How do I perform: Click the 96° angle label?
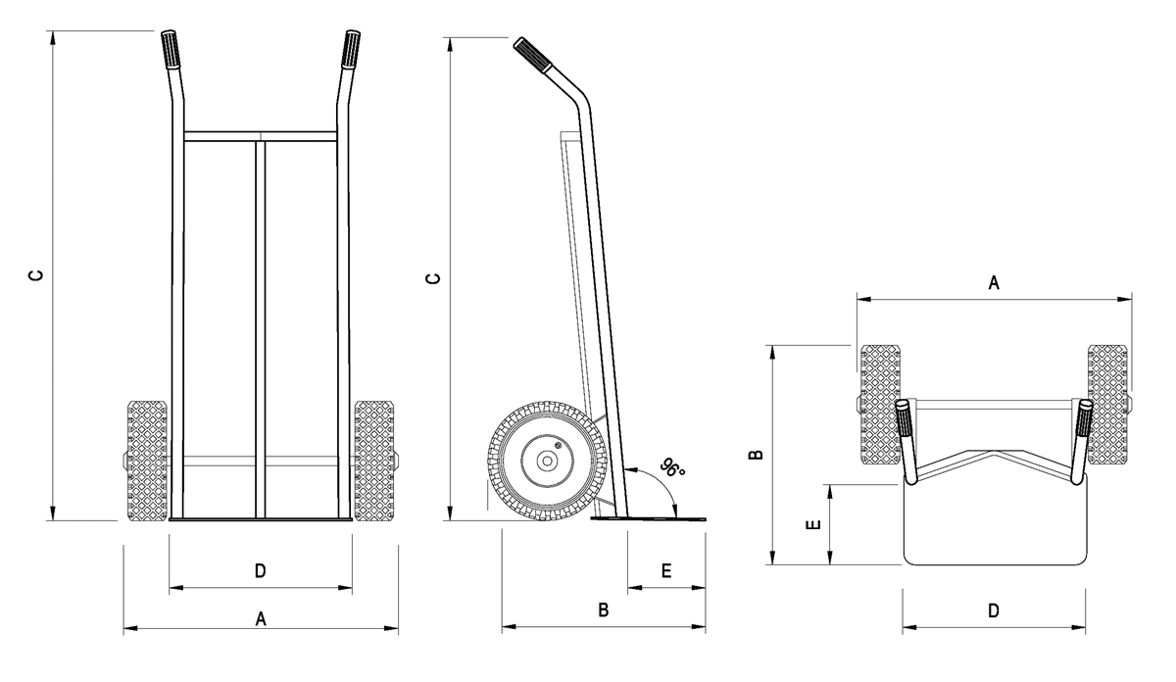click(673, 468)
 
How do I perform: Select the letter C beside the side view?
click(434, 279)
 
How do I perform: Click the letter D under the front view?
click(260, 570)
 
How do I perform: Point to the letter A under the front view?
click(260, 618)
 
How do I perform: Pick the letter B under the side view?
click(604, 610)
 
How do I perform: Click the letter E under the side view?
click(666, 570)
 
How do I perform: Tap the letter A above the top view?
click(993, 283)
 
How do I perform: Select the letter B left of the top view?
click(756, 455)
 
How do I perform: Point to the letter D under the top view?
click(993, 610)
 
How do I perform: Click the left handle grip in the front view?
click(170, 49)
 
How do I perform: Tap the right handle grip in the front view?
click(350, 49)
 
